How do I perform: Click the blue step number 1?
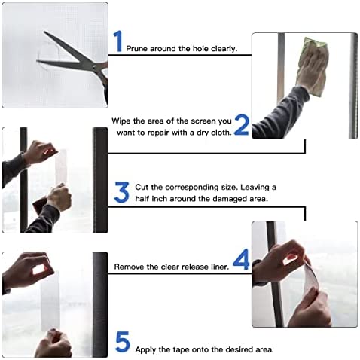pos(118,41)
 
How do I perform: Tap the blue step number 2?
pos(241,125)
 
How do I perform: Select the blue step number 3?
pos(121,192)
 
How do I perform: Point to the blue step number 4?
pos(241,261)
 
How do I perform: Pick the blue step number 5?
pos(122,343)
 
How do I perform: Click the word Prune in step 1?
pos(137,49)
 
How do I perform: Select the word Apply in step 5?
pos(147,349)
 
